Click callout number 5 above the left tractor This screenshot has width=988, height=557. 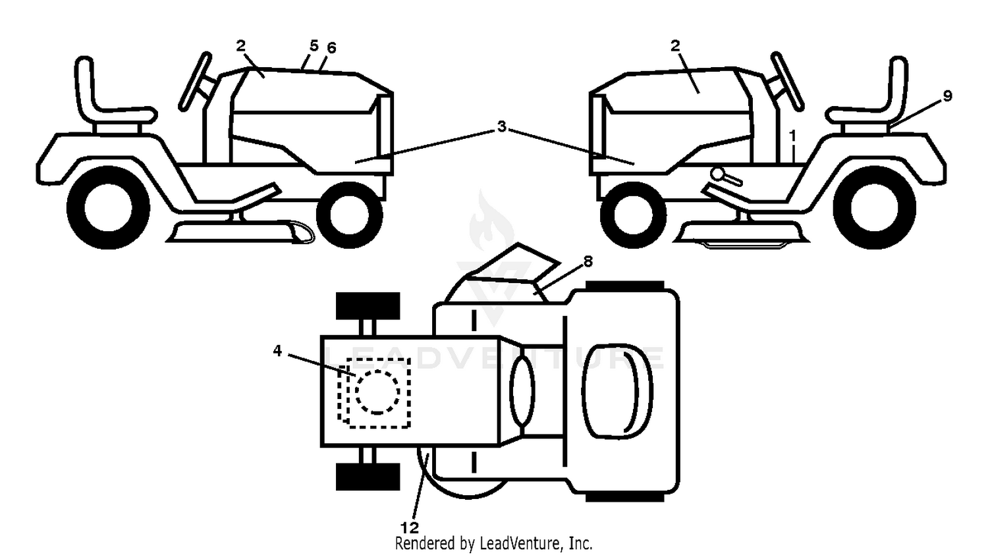[x=314, y=45]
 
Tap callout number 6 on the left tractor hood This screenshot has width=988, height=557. [x=331, y=48]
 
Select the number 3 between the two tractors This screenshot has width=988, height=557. [x=501, y=126]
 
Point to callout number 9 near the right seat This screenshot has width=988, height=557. [x=947, y=95]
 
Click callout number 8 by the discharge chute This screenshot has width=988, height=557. [x=588, y=261]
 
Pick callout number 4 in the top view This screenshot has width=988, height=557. [x=277, y=351]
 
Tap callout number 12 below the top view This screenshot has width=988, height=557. [x=409, y=527]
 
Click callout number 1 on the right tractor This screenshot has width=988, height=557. [x=793, y=136]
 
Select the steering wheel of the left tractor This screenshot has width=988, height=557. [x=195, y=81]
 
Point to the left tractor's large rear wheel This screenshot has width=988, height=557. [x=108, y=207]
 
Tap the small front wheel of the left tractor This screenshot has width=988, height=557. [x=349, y=215]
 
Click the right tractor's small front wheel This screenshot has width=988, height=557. [x=634, y=215]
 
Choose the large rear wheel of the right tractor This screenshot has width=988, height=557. [x=874, y=207]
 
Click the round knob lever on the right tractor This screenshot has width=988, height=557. [x=727, y=176]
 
